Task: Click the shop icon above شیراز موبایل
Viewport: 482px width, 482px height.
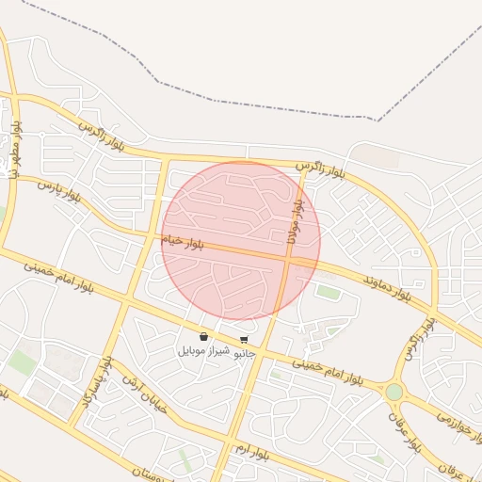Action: pos(204,336)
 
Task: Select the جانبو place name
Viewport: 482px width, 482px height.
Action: pos(244,353)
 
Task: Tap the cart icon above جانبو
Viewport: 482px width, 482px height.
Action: pos(244,339)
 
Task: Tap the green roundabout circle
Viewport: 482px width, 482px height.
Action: pos(394,391)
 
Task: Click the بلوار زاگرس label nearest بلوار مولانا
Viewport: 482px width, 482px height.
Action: pos(321,170)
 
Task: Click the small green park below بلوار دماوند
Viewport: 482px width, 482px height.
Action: pos(328,292)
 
